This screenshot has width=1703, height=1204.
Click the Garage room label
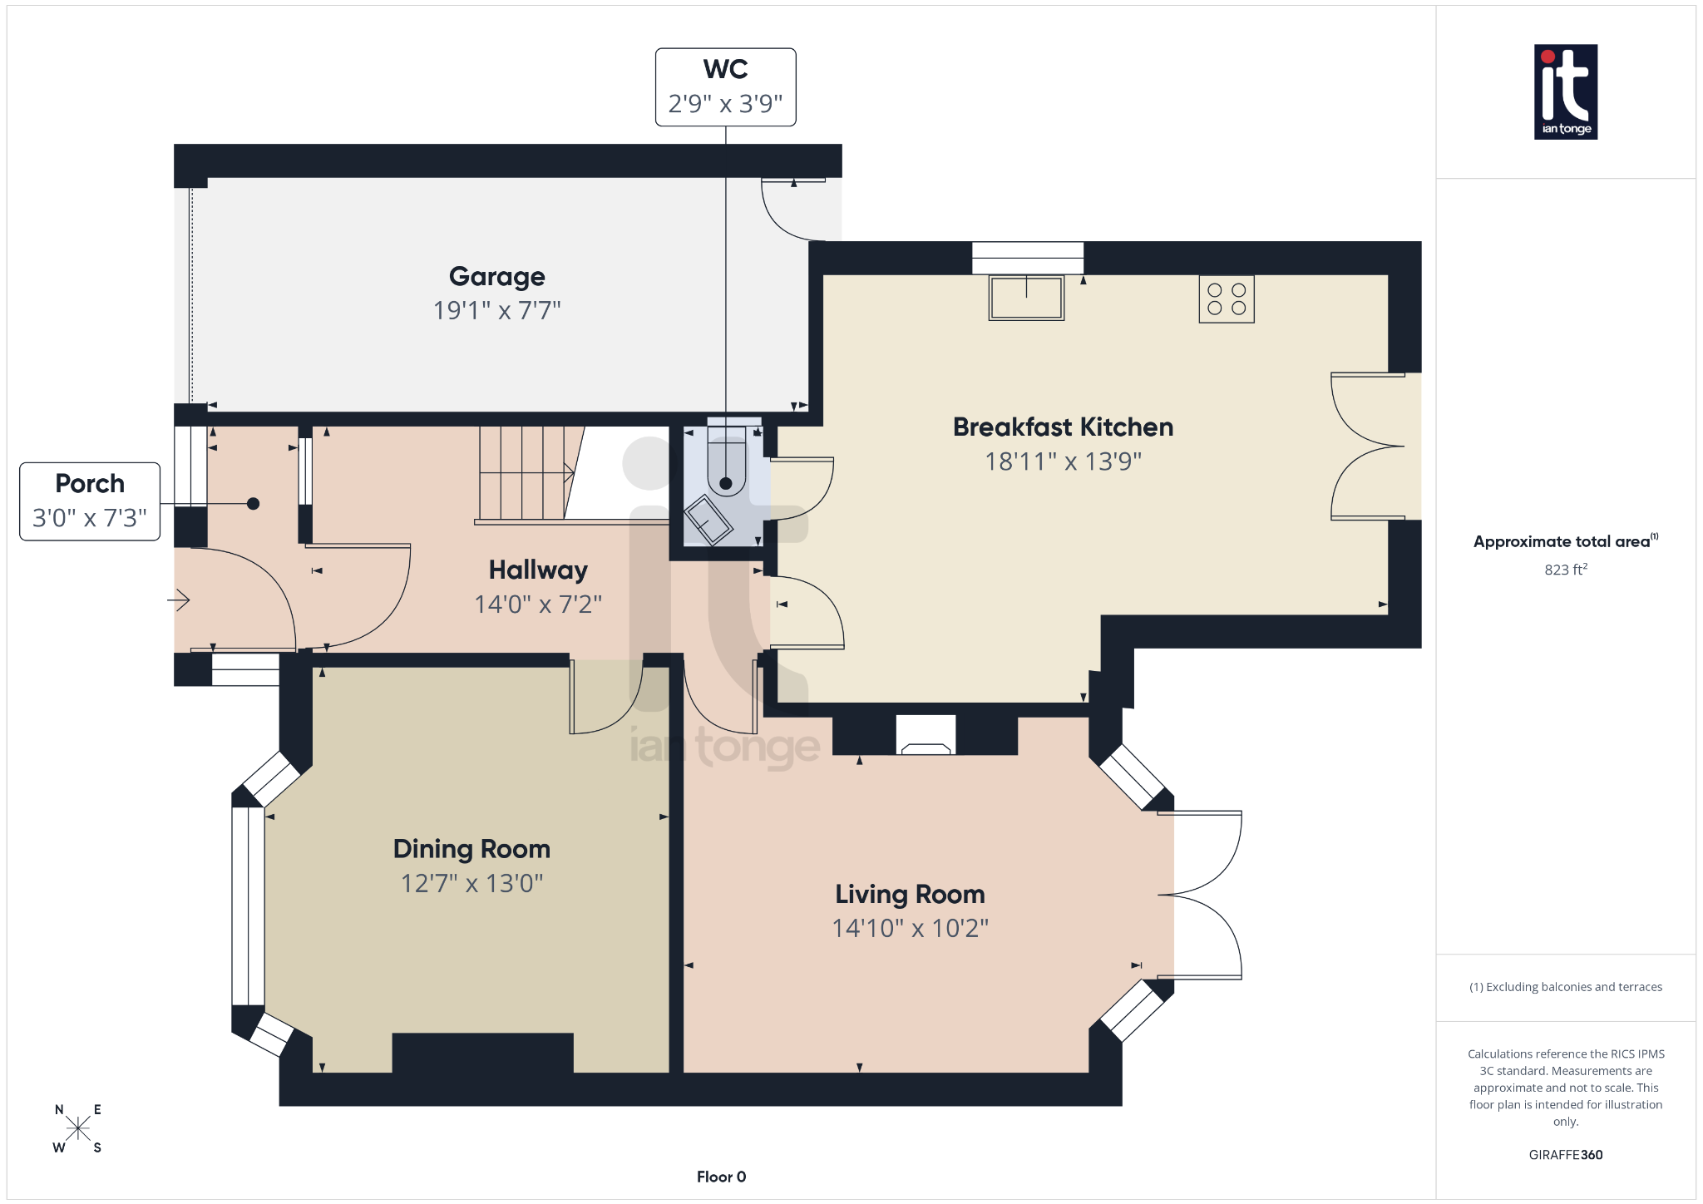tap(496, 276)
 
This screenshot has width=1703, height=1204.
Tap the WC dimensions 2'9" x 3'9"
tap(725, 104)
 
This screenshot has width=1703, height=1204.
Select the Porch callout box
tap(90, 501)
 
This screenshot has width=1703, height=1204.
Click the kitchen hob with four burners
tap(1226, 299)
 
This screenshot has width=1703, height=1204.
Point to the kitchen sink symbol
tap(1026, 298)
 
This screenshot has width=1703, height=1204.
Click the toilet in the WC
tap(726, 469)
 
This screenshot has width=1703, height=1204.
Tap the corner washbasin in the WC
tap(708, 521)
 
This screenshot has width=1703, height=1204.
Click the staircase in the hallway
tap(524, 473)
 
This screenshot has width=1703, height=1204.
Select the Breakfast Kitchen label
tap(1063, 427)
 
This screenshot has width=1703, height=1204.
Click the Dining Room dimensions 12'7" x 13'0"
tap(471, 883)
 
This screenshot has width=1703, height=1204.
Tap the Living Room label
tap(910, 894)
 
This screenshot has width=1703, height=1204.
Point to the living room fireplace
tap(926, 736)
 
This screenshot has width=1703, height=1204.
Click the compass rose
tap(78, 1128)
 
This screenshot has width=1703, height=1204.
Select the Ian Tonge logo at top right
tap(1565, 91)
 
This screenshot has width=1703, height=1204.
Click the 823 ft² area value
tap(1565, 570)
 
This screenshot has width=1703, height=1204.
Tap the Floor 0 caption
tap(721, 1177)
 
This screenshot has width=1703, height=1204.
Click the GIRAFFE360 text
tap(1565, 1155)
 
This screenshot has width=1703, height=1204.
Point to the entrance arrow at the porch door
tap(180, 600)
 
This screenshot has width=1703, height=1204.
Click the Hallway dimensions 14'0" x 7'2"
tap(537, 604)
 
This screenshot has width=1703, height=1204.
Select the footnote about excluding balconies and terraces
tap(1565, 987)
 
